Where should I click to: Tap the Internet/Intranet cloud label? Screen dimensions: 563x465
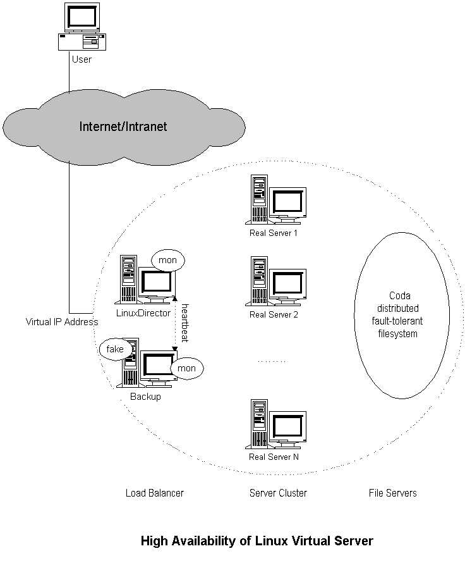click(x=123, y=127)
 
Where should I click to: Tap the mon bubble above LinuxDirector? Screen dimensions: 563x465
click(x=167, y=260)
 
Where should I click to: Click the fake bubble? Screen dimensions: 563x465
click(x=115, y=349)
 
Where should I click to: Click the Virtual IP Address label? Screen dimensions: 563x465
click(x=62, y=321)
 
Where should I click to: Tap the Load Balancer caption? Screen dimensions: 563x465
click(x=155, y=493)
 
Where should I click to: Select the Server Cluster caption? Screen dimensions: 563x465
click(x=278, y=493)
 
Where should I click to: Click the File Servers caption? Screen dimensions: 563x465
click(x=393, y=493)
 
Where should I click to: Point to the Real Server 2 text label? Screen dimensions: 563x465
click(x=274, y=314)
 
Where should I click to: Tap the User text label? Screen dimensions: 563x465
click(x=82, y=59)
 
